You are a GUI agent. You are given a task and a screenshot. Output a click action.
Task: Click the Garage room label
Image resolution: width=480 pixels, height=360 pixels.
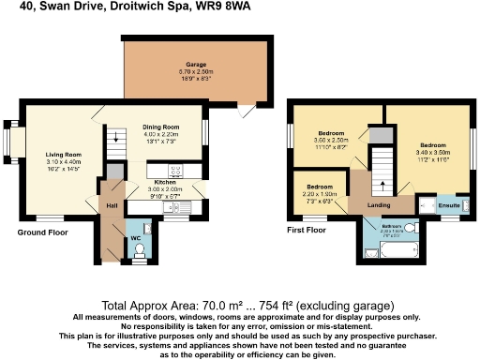(x=195, y=65)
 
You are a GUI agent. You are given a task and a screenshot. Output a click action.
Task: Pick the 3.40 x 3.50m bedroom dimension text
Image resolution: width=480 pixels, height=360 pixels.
(x=433, y=151)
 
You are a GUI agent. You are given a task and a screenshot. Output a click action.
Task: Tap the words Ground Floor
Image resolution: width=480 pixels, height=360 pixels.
(x=42, y=232)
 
